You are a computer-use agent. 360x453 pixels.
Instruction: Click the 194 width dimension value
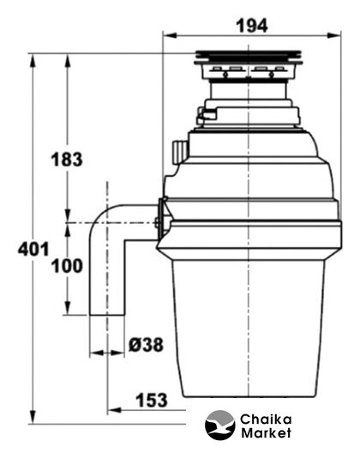tap(252, 26)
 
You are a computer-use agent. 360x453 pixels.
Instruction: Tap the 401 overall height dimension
tap(33, 249)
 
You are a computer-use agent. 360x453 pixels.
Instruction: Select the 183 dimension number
tap(67, 160)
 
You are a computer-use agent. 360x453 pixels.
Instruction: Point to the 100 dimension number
tap(67, 266)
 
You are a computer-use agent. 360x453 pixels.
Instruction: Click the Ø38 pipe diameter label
tap(146, 345)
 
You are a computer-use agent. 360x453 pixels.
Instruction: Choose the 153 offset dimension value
tap(152, 400)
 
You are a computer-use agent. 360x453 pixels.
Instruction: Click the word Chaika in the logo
tap(266, 420)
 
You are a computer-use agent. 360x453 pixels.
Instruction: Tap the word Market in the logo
tap(266, 432)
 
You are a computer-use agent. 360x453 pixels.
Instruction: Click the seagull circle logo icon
tap(220, 426)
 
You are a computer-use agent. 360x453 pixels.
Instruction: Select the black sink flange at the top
tap(249, 57)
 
